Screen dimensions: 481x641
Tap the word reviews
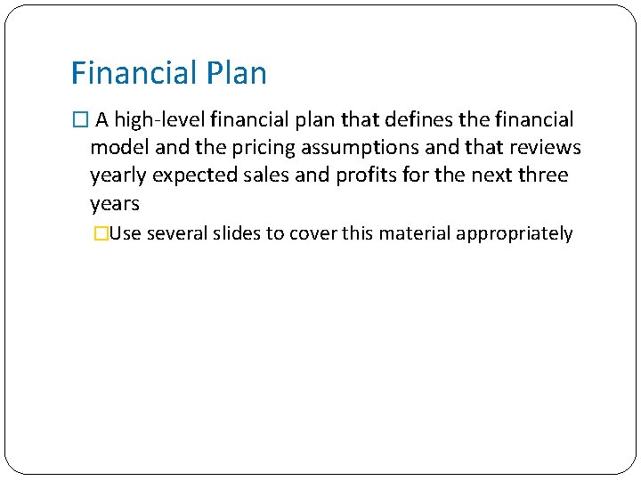point(545,147)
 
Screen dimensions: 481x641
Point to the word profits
point(366,175)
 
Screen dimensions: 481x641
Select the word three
point(542,175)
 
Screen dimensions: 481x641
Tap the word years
point(115,204)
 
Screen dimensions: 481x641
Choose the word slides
point(236,234)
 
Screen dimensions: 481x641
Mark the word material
point(417,234)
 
